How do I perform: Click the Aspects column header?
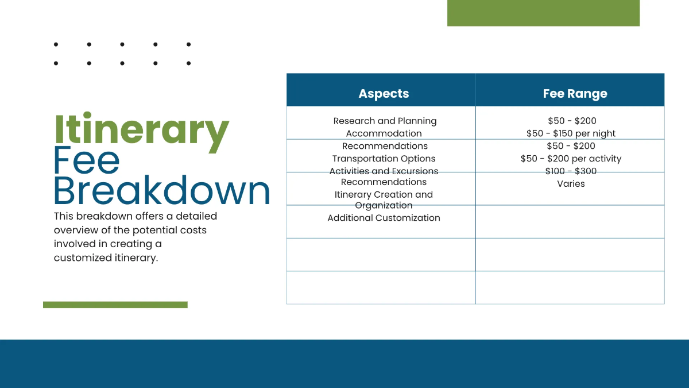(x=384, y=94)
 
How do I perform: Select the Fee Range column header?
(x=575, y=94)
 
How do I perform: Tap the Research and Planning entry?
(x=385, y=121)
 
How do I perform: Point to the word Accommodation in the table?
(x=384, y=133)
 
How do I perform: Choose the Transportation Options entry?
(x=384, y=159)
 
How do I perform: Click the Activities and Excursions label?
(x=384, y=171)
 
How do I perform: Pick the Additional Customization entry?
(x=384, y=218)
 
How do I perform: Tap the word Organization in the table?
(x=384, y=205)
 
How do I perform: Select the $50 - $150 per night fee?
(x=571, y=133)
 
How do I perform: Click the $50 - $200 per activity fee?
(x=571, y=159)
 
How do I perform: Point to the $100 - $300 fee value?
(x=571, y=171)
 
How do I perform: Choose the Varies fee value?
(x=571, y=184)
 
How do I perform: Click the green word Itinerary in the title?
(x=141, y=130)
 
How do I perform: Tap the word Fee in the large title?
(x=87, y=160)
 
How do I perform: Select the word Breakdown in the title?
(x=161, y=191)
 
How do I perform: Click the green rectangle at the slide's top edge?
(x=543, y=13)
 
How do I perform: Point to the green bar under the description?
(x=115, y=305)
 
